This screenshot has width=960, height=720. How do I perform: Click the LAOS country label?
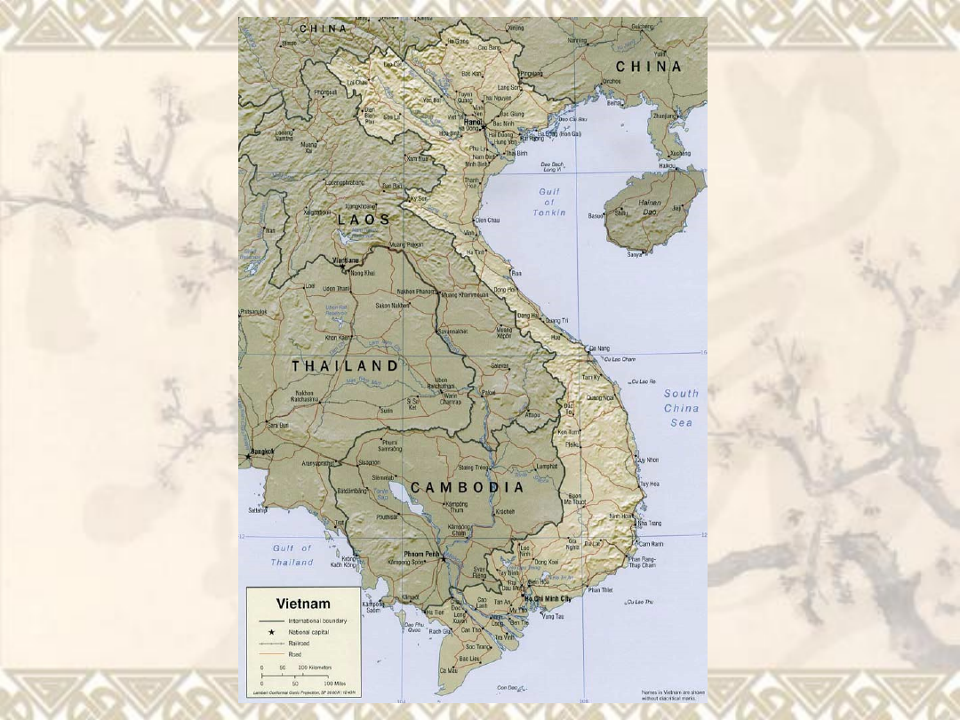coord(364,219)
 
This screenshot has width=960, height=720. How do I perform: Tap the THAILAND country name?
coord(345,365)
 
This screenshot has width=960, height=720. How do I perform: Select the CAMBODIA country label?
coord(468,487)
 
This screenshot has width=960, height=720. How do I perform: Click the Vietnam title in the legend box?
coord(303,604)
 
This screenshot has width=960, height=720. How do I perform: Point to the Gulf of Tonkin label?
coord(548,203)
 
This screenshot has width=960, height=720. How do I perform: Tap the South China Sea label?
coord(681,408)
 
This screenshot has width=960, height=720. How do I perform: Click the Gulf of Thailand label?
coord(292,556)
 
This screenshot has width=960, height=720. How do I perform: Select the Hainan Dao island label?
coord(650,206)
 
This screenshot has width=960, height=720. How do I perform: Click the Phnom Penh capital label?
coord(421,555)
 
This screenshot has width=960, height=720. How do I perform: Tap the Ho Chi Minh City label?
coord(548,600)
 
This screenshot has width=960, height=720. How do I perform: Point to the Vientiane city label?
coord(346,260)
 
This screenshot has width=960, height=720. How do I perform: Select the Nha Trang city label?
coord(650,524)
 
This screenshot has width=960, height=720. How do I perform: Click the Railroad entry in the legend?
coord(299,642)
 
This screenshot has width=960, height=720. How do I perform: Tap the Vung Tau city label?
coord(554,616)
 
